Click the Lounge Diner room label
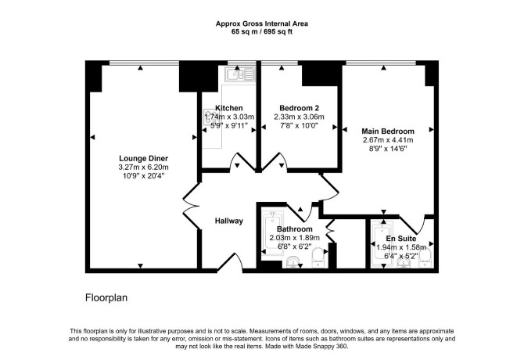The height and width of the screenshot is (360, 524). point(143,158)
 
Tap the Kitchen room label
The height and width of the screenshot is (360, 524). point(229,108)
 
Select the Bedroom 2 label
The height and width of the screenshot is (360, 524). point(299,108)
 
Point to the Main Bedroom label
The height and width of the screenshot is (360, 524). point(388,131)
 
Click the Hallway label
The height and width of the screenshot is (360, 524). point(229,221)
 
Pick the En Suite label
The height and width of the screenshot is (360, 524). point(401,239)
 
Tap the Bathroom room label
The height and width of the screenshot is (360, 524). point(295,229)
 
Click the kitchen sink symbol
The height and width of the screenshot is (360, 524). point(240,74)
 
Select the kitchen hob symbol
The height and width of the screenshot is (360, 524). point(210,117)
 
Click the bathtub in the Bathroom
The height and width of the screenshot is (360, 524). point(274,232)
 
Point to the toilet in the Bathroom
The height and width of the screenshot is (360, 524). point(318,257)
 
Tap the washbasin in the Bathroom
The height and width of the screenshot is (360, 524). point(294,262)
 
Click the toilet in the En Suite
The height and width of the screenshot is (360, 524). point(425,258)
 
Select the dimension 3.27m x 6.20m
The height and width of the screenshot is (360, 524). point(143,167)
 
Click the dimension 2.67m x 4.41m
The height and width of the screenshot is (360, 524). point(388,140)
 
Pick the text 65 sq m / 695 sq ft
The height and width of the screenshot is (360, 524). point(262,32)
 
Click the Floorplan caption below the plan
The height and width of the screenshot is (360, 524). point(106,297)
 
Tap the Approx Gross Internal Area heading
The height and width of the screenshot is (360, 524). point(262,23)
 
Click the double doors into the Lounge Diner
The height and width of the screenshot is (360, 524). point(191,206)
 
